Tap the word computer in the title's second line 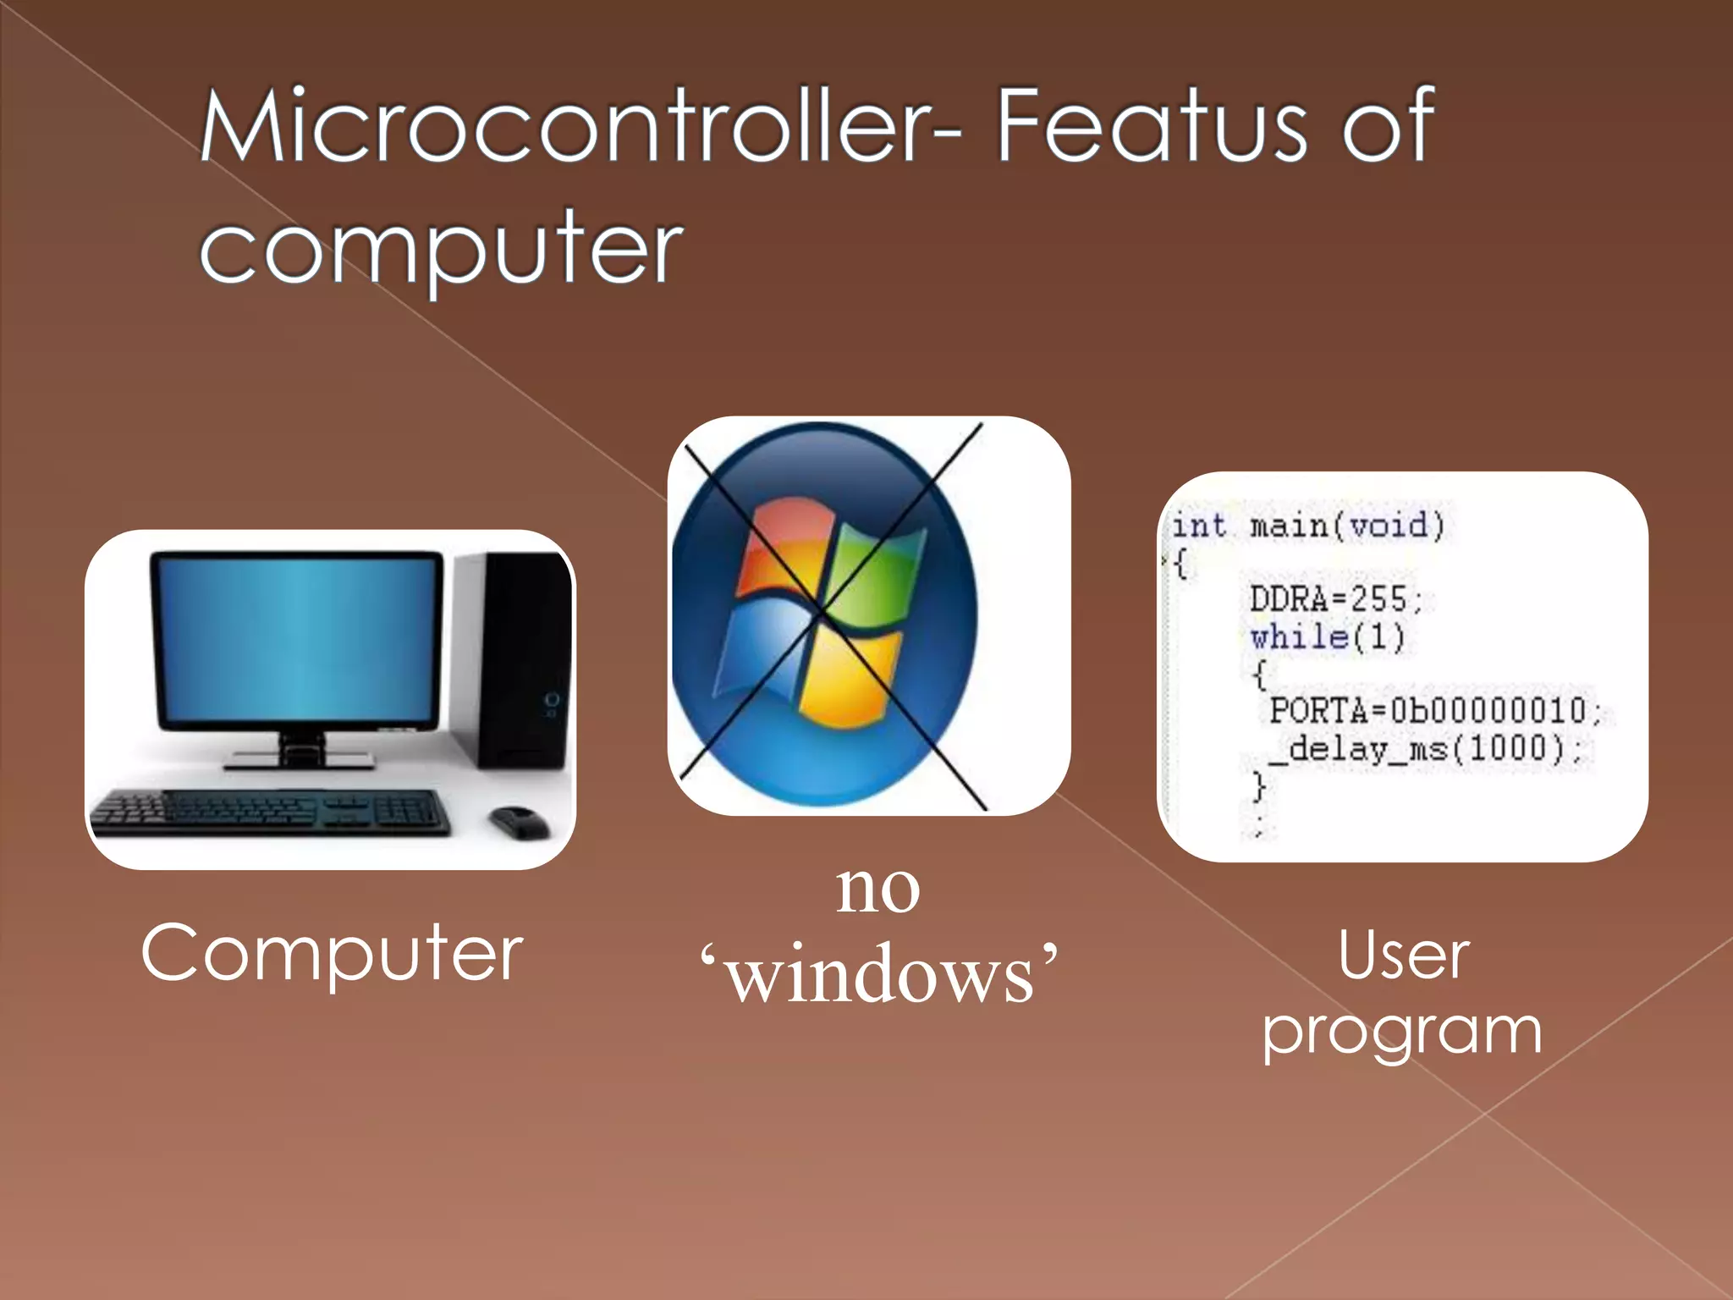coord(440,250)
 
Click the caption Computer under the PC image coord(332,954)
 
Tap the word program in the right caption coord(1402,1033)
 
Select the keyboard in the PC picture coord(271,812)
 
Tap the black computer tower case coord(516,660)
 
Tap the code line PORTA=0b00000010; coord(1434,710)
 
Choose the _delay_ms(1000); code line coord(1430,749)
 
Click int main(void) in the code coord(1307,526)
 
